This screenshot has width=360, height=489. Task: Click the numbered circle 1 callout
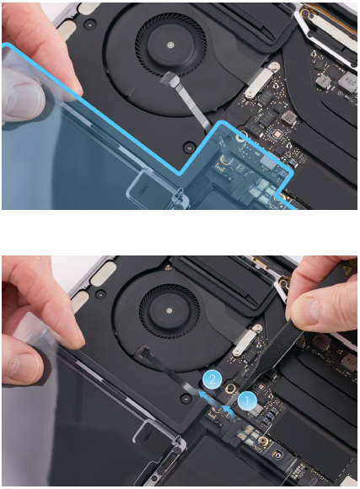[247, 400]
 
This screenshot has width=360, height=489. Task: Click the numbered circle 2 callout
[212, 379]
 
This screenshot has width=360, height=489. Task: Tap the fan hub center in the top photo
[169, 46]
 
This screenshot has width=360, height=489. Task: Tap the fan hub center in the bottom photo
[169, 310]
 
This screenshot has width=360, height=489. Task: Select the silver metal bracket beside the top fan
[261, 80]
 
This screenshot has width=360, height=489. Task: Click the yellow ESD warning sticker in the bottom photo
[349, 265]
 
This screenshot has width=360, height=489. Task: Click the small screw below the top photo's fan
[188, 147]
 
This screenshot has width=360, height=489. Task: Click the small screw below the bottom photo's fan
[186, 398]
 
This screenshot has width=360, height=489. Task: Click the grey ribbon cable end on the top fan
[169, 78]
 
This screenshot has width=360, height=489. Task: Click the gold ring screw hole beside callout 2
[231, 389]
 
